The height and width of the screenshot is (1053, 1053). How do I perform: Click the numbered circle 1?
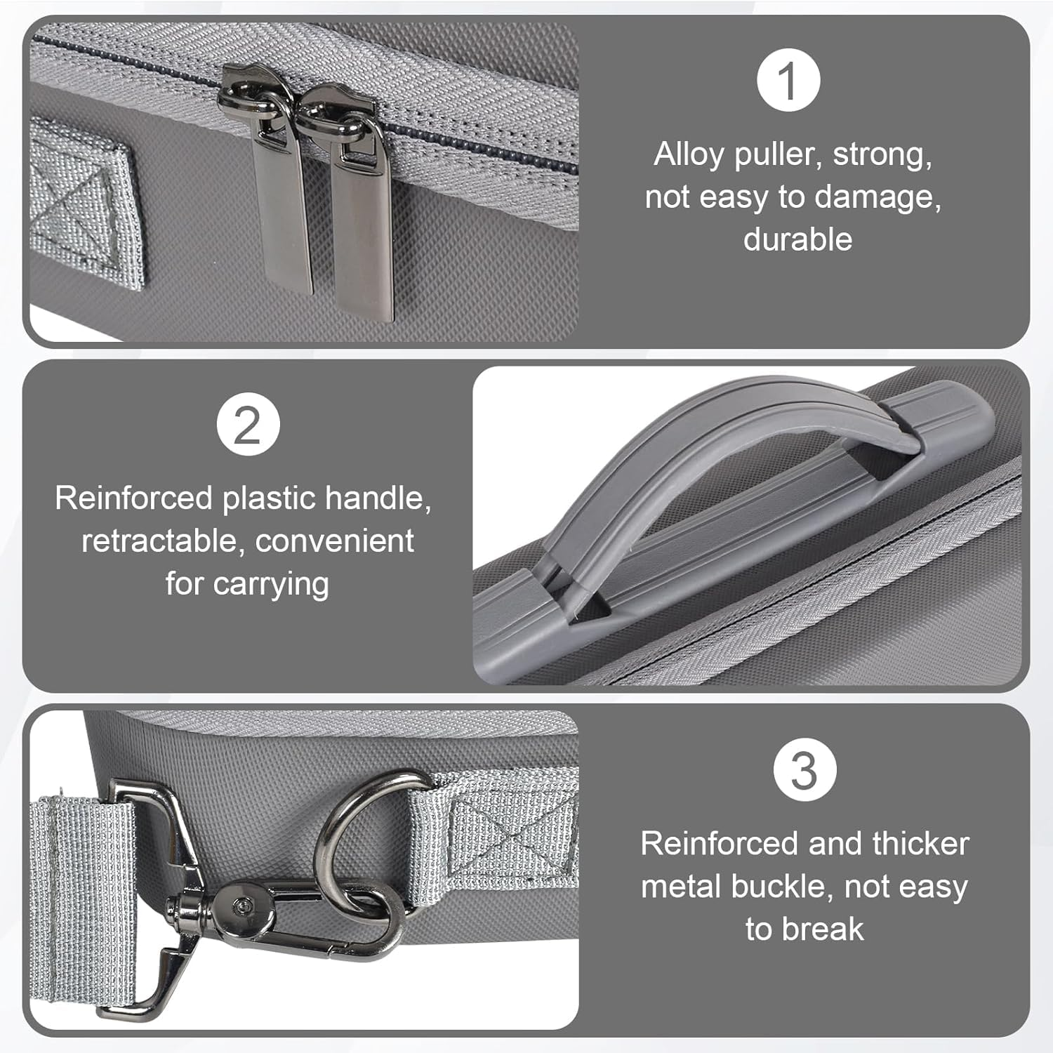pos(788,80)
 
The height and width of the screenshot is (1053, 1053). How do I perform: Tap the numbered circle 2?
pos(248,424)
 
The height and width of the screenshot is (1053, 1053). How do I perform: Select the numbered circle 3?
pos(804,770)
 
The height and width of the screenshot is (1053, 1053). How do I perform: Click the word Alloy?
pos(689,155)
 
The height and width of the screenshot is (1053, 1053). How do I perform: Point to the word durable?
pos(797,239)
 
